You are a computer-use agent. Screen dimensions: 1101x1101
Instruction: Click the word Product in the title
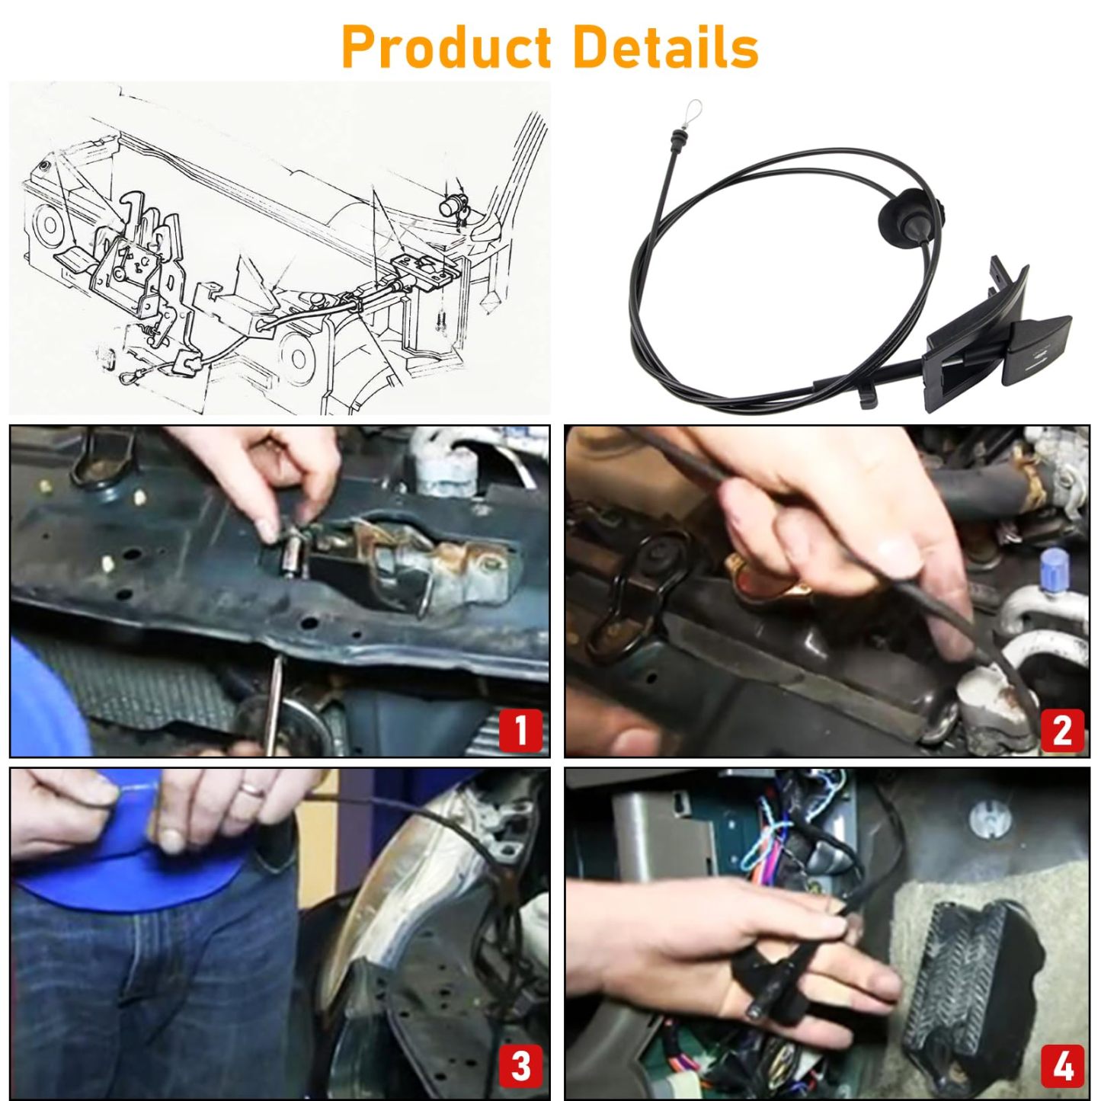pyautogui.click(x=446, y=47)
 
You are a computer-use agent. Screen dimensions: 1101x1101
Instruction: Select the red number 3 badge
pyautogui.click(x=521, y=1065)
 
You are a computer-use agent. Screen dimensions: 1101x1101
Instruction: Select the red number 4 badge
pyautogui.click(x=1061, y=1065)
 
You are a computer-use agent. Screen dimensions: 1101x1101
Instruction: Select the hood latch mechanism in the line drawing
pyautogui.click(x=137, y=267)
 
